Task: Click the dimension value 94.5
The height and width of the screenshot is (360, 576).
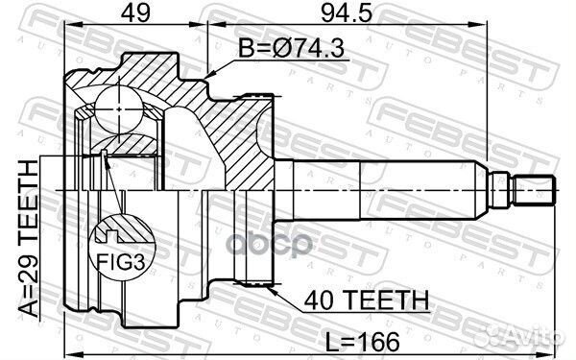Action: click(347, 13)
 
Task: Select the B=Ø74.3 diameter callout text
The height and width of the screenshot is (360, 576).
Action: click(291, 49)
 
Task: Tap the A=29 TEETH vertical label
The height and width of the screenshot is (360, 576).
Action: click(29, 238)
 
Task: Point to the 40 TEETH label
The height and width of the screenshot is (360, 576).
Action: click(367, 300)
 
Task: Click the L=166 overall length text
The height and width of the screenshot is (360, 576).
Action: click(363, 342)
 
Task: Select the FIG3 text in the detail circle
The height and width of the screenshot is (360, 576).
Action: click(121, 262)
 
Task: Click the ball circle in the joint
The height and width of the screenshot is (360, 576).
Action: click(119, 109)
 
